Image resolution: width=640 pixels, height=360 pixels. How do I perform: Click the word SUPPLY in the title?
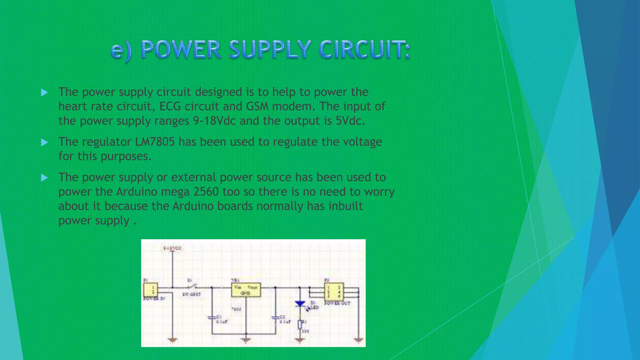270,50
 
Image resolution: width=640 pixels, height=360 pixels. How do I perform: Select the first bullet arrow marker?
44,92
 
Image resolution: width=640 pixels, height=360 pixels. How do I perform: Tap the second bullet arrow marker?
44,142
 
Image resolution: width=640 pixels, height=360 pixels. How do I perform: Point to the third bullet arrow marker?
44,178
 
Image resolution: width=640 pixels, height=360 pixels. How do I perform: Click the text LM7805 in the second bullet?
155,142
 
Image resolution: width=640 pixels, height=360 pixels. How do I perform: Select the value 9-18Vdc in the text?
214,121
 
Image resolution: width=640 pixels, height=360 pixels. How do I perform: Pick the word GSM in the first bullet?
257,107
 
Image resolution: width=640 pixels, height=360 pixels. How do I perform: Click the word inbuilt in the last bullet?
345,206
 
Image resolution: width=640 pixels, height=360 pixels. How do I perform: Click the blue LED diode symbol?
300,303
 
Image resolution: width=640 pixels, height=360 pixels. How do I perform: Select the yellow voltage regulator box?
246,290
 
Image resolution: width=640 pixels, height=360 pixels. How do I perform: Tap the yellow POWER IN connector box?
150,289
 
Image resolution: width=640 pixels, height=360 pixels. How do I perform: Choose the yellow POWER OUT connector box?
334,292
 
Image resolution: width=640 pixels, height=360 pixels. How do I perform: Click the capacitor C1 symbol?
212,318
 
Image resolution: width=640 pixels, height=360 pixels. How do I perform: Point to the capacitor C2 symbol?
275,318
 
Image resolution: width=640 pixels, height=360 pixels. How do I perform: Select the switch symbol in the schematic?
192,287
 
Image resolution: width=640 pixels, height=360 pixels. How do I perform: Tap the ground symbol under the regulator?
246,340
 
